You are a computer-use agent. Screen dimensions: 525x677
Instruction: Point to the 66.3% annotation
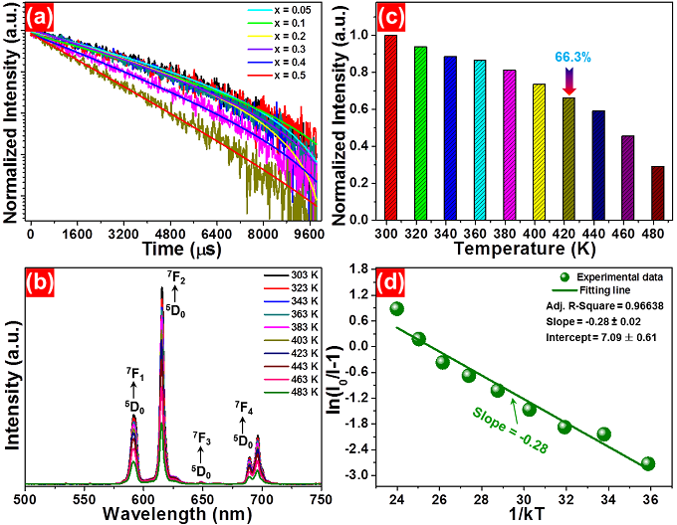pos(568,59)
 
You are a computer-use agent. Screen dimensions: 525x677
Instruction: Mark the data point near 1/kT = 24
pos(396,309)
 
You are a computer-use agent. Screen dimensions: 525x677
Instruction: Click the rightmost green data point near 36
pos(648,463)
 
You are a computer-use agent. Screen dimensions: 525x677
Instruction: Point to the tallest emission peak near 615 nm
pos(162,289)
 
